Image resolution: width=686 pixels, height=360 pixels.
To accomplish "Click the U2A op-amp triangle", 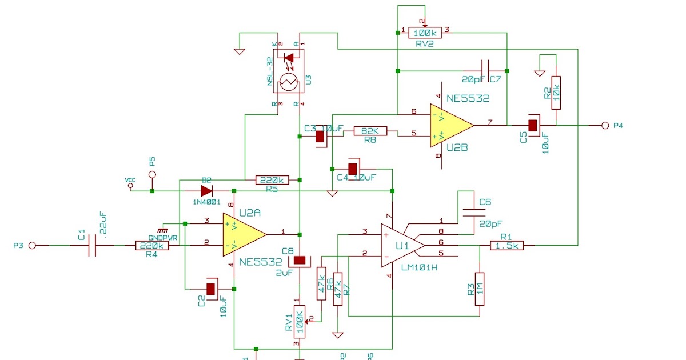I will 243,234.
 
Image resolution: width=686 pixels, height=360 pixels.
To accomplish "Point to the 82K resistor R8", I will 370,131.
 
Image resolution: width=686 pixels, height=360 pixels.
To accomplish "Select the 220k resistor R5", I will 272,180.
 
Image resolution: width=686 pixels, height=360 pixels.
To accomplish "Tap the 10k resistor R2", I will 555,93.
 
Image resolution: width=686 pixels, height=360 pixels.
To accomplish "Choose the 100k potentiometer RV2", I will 424,33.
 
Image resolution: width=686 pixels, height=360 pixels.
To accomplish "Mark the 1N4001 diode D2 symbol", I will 206,190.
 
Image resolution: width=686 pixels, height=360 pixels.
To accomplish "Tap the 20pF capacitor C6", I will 474,213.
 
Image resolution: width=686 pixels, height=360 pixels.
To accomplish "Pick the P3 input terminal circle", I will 33,245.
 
